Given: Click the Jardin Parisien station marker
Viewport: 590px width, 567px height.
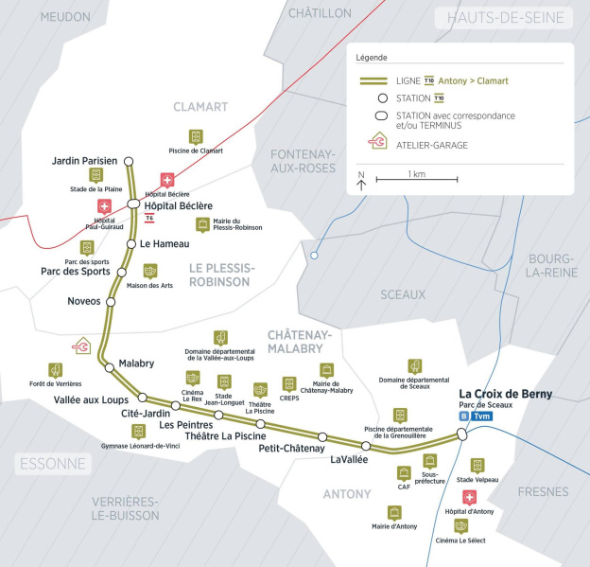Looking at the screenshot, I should [x=129, y=161].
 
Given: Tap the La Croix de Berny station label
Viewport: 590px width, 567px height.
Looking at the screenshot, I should [x=505, y=394].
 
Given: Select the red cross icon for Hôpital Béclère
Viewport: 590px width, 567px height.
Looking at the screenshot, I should [x=167, y=180].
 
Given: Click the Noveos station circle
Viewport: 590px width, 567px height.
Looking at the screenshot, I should [x=110, y=302].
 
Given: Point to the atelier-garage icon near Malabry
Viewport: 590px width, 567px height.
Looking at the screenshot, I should [x=83, y=347].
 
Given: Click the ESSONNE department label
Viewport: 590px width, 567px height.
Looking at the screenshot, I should [x=52, y=464].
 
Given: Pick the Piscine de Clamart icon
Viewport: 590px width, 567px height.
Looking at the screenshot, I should [x=196, y=137].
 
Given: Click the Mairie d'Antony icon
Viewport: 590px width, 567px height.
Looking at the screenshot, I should [x=394, y=512].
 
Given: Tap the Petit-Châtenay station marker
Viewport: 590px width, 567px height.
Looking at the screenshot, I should [x=322, y=436].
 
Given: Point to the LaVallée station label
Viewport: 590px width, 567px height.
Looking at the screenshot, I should [x=350, y=459].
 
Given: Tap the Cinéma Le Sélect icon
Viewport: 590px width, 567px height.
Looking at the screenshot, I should [x=461, y=526].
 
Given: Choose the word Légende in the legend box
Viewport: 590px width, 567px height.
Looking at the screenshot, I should [x=372, y=58].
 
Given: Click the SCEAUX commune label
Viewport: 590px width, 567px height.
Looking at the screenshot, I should [x=403, y=294].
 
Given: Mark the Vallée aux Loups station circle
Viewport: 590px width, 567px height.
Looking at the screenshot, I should [x=143, y=398].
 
